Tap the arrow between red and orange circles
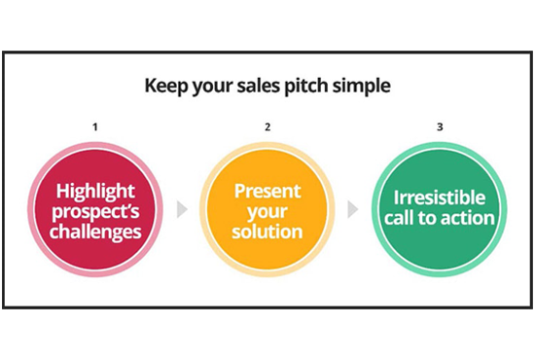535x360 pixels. point(182,209)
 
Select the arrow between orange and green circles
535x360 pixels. point(354,209)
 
